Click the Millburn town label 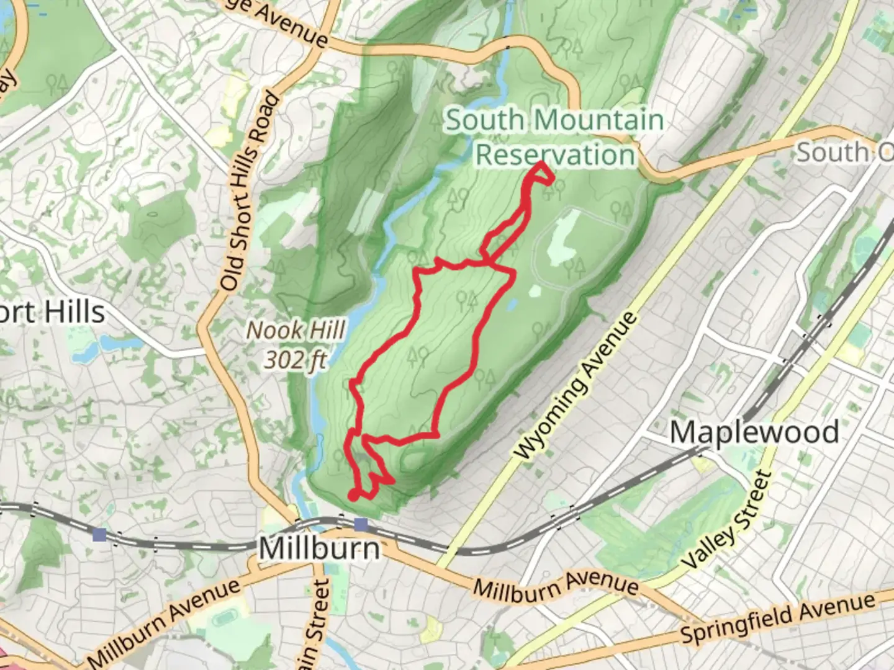point(319,548)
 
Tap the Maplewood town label point(754,432)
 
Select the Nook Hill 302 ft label point(296,345)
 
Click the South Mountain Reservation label point(554,137)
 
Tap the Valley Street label point(728,521)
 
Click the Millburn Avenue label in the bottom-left point(165,622)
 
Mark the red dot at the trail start point(353,496)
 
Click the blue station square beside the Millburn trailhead point(361,525)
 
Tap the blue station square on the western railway point(99,534)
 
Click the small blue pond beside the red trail point(512,305)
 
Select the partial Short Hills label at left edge point(52,312)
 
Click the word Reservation point(556,155)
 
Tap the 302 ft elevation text point(296,360)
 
